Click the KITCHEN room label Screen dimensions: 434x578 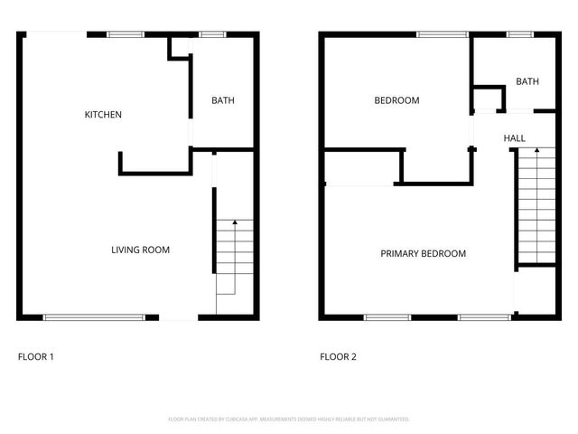pos(103,115)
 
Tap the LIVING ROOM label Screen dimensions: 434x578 pos(140,250)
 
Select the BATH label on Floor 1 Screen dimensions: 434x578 pos(222,100)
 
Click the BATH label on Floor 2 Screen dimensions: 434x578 pos(527,81)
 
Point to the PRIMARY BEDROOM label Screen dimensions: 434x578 pos(423,253)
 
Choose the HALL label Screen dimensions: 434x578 pos(515,138)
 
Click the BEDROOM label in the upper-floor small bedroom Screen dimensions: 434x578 pos(396,100)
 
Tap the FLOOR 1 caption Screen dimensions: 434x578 pos(36,357)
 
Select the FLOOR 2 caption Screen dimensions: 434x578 pos(338,357)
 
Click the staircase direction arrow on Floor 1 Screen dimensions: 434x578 pos(235,223)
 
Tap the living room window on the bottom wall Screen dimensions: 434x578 pos(95,316)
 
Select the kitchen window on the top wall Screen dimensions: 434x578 pos(126,35)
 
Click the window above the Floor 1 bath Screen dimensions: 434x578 pos(212,35)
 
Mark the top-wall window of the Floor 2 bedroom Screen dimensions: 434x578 pos(442,35)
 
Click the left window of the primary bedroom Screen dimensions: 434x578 pos(387,316)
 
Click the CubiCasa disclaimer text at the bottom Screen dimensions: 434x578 pos(289,420)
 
